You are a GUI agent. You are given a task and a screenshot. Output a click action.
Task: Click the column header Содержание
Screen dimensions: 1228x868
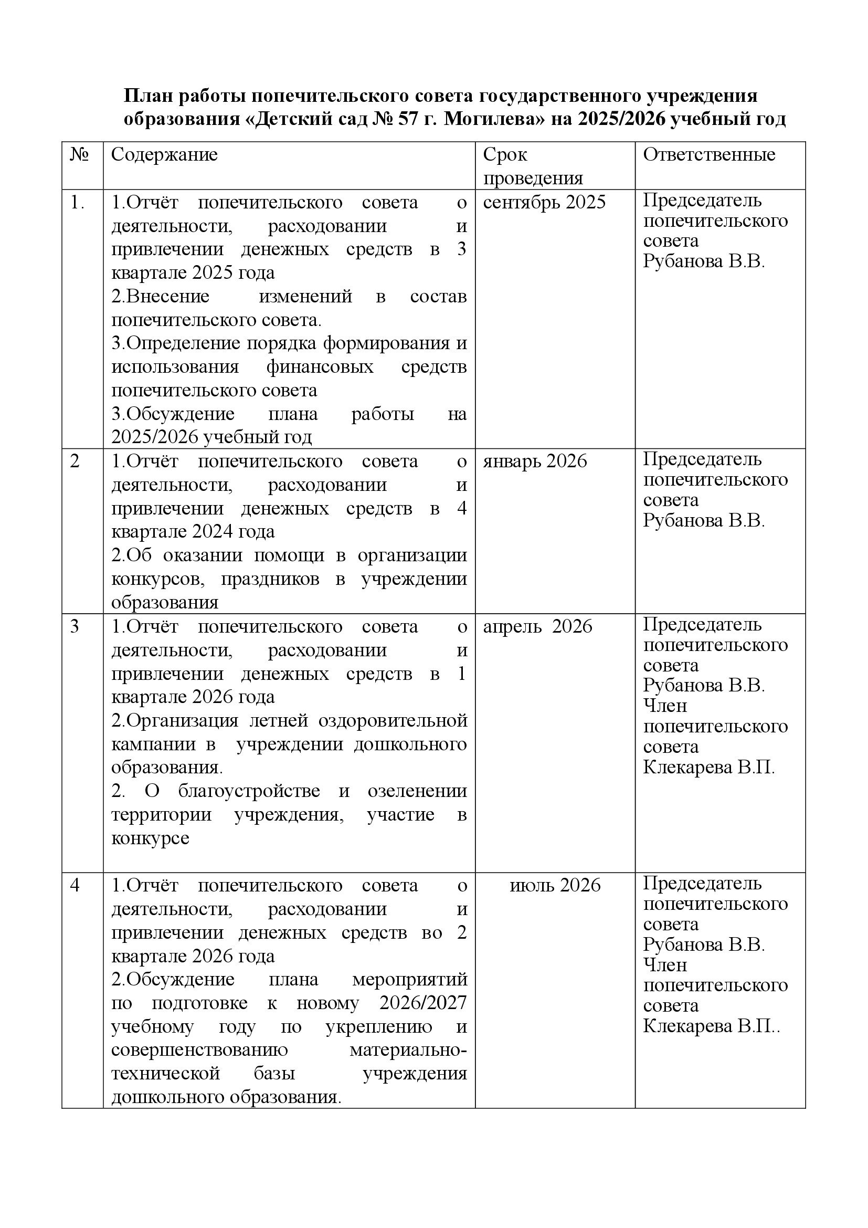tap(164, 154)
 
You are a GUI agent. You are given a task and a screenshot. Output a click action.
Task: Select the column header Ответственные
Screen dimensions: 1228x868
tap(708, 154)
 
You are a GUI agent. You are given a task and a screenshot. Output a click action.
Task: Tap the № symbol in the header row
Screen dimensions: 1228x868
tap(79, 155)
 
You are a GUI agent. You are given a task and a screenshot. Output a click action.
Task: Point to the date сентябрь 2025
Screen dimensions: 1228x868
tap(544, 202)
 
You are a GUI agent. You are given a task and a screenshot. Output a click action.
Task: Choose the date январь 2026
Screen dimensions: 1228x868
tap(534, 461)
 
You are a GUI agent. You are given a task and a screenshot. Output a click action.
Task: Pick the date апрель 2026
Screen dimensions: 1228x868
tap(538, 626)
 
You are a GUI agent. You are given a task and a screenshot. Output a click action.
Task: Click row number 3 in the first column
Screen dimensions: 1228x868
tap(75, 626)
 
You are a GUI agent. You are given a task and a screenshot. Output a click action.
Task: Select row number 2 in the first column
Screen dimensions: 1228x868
tap(75, 461)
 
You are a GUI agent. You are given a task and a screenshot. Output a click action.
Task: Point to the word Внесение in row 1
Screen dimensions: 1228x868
tap(161, 296)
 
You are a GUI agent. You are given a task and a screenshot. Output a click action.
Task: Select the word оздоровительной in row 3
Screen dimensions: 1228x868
tap(393, 720)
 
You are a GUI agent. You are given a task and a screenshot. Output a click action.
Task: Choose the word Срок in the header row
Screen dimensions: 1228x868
tap(505, 154)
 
